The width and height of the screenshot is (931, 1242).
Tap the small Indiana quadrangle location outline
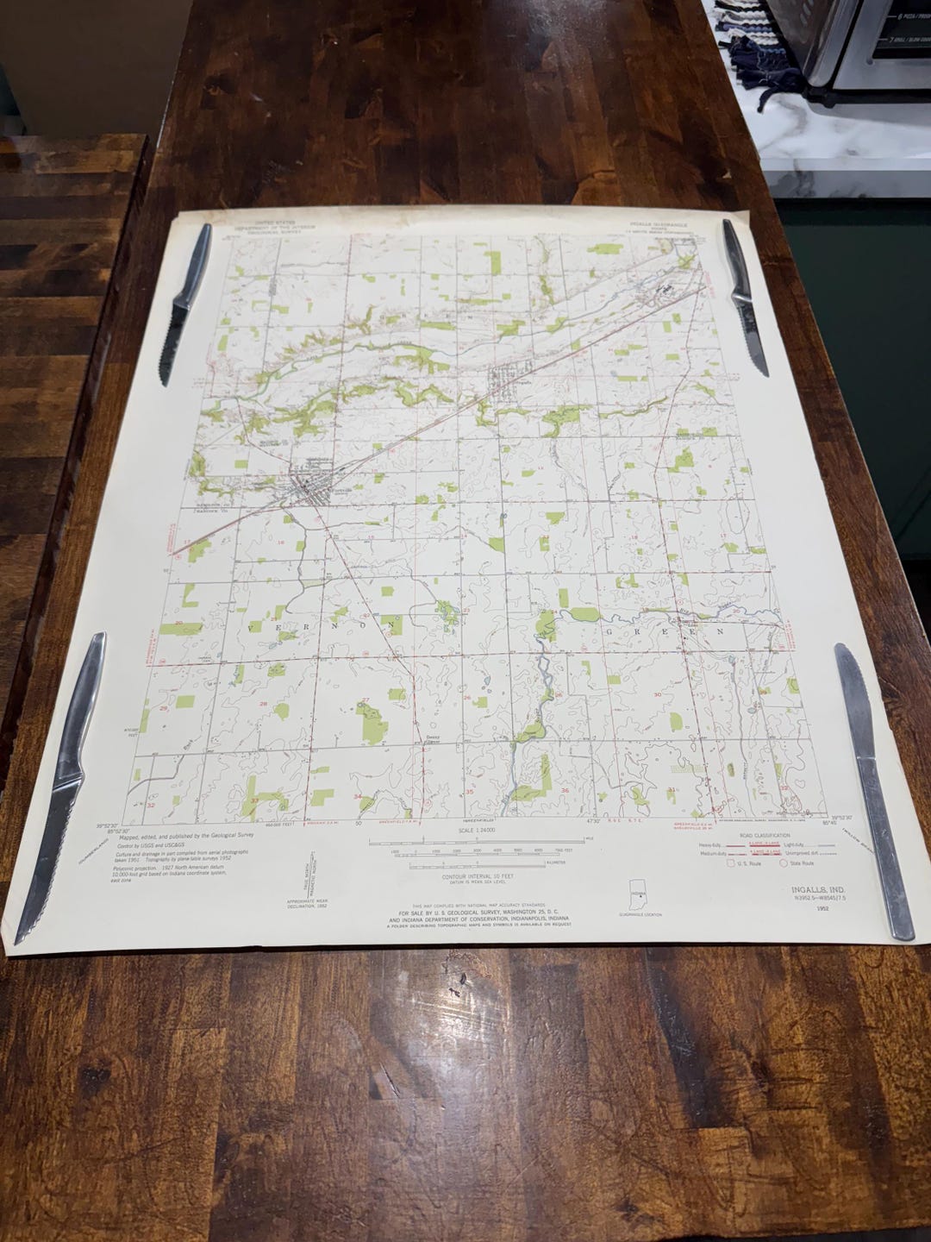(639, 892)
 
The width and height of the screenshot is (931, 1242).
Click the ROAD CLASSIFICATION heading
(759, 837)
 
